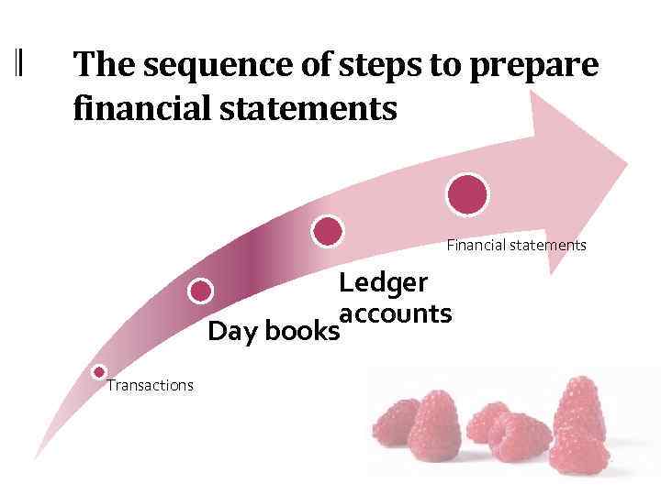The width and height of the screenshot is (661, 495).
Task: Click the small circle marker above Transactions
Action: (x=99, y=372)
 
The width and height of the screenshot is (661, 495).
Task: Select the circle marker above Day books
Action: (x=201, y=291)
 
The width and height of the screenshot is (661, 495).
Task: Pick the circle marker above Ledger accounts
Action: (x=328, y=230)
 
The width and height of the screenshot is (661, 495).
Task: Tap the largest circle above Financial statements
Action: (x=468, y=193)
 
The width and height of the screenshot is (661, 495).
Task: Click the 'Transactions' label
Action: (x=150, y=386)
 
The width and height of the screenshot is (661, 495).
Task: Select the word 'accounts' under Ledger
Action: (x=396, y=313)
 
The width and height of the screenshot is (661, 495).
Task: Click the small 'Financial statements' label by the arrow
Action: (x=516, y=246)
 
